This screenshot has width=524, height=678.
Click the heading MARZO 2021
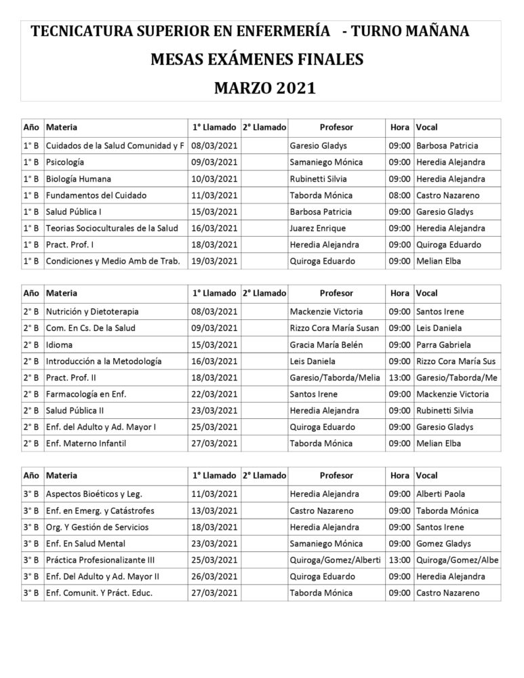(265, 88)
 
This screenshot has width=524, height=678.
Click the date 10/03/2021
(214, 179)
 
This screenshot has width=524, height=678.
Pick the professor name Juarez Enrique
(317, 228)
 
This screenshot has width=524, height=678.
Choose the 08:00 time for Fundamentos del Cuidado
(399, 195)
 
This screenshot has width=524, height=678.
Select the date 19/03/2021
(214, 261)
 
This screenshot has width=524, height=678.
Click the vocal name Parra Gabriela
(443, 344)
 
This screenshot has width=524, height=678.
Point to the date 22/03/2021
(214, 394)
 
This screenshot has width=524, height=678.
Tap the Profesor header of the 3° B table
(336, 475)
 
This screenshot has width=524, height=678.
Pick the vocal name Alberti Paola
(441, 494)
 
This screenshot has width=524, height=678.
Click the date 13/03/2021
(214, 511)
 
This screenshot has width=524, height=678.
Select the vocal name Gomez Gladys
(443, 544)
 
